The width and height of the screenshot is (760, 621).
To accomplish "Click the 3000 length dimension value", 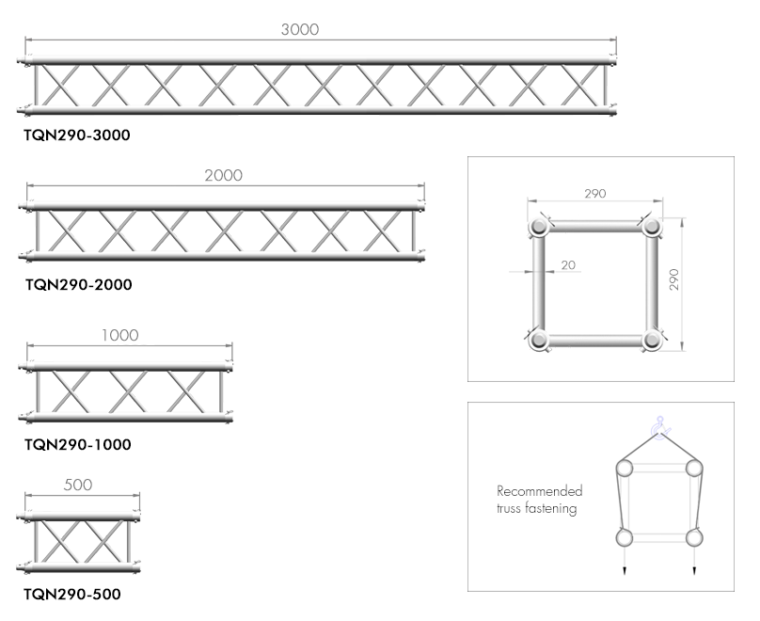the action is click(x=300, y=29).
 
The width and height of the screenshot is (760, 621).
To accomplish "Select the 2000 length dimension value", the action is click(x=224, y=175).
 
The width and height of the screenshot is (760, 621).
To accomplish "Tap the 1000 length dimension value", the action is click(x=119, y=335).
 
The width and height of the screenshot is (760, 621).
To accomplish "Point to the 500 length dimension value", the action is click(x=78, y=485).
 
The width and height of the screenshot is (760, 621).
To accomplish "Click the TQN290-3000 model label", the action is click(x=77, y=135).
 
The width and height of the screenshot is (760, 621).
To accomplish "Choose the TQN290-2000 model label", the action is click(x=78, y=284).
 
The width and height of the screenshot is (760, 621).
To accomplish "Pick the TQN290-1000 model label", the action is click(x=78, y=444).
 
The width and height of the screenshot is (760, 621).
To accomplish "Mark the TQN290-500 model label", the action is click(x=72, y=594).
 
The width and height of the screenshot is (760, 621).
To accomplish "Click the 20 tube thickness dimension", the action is click(x=568, y=265).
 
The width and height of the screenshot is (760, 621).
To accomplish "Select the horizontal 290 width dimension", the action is click(x=594, y=194).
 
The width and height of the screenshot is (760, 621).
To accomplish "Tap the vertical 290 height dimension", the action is click(x=673, y=279).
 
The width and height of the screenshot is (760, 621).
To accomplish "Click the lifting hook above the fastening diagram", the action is click(x=659, y=427).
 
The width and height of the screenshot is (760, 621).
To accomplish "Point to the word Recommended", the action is click(x=540, y=491).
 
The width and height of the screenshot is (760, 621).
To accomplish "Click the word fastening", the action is click(x=552, y=508).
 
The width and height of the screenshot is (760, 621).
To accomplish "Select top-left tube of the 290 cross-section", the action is click(x=539, y=227).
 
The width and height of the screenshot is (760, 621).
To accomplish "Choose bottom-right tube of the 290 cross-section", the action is click(x=652, y=340).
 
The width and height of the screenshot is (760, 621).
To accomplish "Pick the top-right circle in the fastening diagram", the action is click(x=694, y=469).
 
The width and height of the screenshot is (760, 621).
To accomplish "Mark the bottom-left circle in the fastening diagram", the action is click(x=625, y=537).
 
